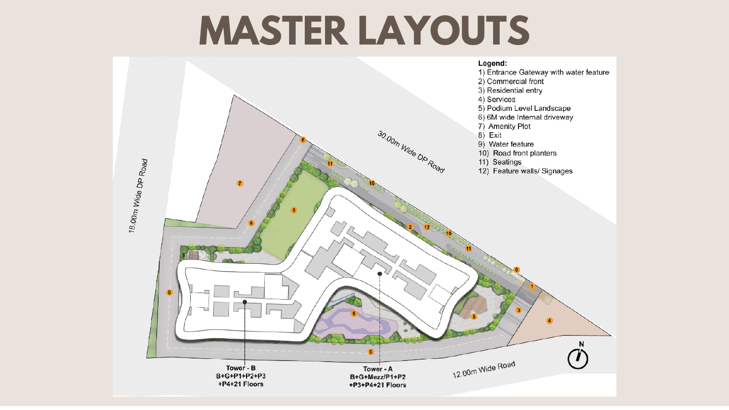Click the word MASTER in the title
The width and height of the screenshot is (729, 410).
point(273,30)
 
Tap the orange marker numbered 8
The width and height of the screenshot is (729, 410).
point(303,140)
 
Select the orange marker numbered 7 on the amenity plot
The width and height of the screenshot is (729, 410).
point(240,184)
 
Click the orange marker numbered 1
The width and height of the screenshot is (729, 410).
point(532,286)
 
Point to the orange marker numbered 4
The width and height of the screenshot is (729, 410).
point(550,321)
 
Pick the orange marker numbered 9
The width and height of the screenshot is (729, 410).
point(516,270)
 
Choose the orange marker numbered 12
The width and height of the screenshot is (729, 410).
point(427,227)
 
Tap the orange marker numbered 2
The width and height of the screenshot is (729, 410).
point(410,227)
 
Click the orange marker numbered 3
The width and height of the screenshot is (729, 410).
point(519,310)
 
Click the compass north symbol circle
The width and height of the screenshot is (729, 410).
point(578,359)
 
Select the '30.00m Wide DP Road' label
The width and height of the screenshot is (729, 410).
point(411,152)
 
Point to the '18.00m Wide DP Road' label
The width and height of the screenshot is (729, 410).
point(138,196)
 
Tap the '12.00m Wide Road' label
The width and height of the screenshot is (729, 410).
point(484,370)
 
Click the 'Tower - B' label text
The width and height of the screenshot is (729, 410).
point(241,368)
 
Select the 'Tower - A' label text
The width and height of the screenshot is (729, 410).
point(378,369)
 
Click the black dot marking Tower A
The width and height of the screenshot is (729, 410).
point(380,274)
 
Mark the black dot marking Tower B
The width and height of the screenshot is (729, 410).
point(245,302)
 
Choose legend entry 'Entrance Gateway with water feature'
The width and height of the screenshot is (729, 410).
point(544,72)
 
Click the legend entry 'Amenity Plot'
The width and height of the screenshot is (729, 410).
point(504,126)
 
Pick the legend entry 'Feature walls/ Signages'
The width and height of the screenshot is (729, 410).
point(525,171)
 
